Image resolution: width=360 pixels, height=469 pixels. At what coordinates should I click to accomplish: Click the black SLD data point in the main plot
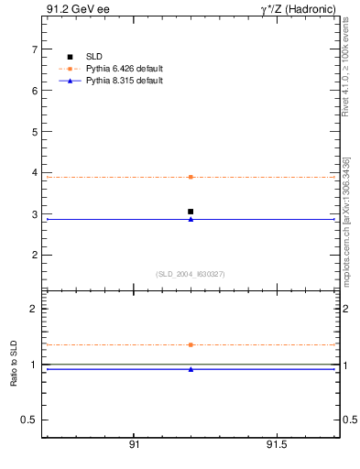pos(191,212)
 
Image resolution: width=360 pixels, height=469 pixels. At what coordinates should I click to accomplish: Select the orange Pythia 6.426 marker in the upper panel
pos(191,177)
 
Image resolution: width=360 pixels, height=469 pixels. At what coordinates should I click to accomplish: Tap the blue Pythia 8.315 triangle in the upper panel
pos(191,219)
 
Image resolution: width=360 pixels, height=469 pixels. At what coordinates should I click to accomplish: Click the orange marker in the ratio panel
pos(191,344)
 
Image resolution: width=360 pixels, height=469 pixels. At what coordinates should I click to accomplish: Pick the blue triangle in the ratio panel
pos(191,369)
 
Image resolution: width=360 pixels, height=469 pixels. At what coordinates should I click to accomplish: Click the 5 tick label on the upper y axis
pos(34,132)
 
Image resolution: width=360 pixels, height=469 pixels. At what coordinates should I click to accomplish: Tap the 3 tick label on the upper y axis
pos(34,214)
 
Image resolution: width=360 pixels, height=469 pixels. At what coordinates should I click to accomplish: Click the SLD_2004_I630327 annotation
pos(191,274)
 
